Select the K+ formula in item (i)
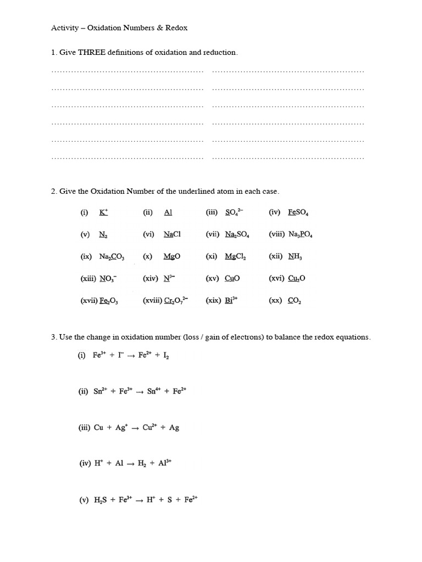tap(103, 212)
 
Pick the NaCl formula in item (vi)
tap(172, 234)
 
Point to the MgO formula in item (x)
tap(171, 256)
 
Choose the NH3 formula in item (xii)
tap(295, 256)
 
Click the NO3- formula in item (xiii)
tap(108, 279)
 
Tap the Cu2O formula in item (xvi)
tap(297, 279)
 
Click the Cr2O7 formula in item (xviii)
tap(176, 301)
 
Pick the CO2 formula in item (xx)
tap(295, 301)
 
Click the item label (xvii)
tap(88, 301)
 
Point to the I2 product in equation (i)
tap(166, 356)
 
